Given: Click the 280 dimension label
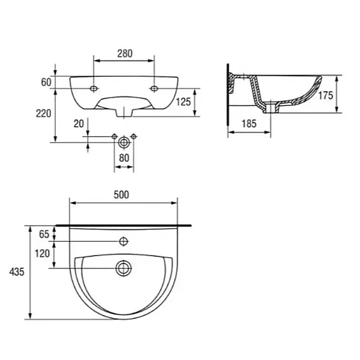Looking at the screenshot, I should pos(124,53).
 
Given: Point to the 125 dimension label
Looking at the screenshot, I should pos(184,102).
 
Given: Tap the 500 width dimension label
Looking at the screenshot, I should pos(122,194).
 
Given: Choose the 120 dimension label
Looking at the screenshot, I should pos(42,254).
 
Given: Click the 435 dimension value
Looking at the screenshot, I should pos(17,272).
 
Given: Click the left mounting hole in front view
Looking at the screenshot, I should pos(94,88).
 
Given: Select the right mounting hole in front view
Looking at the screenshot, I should pos(154,88).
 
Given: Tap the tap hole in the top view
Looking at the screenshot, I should pos(124,242).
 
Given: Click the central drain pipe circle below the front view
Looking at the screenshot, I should pos(124,142).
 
